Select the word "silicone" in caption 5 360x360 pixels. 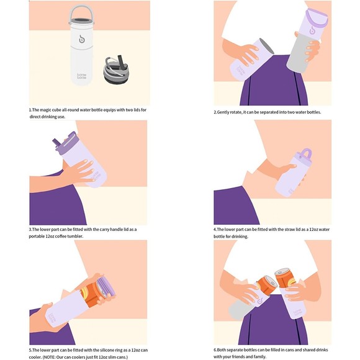coord(105,351)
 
